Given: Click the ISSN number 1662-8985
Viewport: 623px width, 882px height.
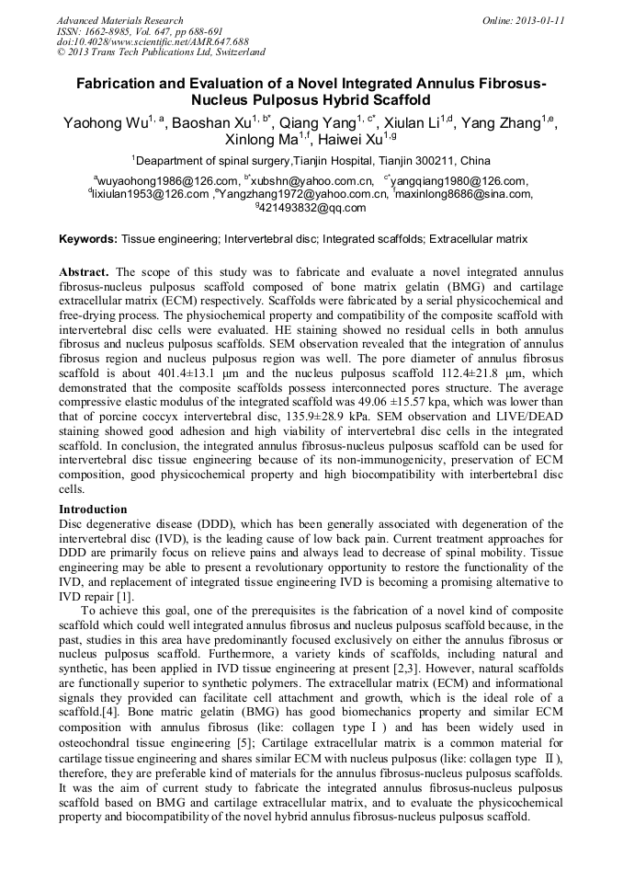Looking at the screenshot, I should coord(107,31).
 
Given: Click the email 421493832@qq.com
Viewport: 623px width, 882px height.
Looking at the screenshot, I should coord(311,208).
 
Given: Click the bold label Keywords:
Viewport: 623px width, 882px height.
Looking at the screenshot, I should coord(88,239).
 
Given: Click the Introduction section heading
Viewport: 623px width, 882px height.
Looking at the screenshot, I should coord(93,510).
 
